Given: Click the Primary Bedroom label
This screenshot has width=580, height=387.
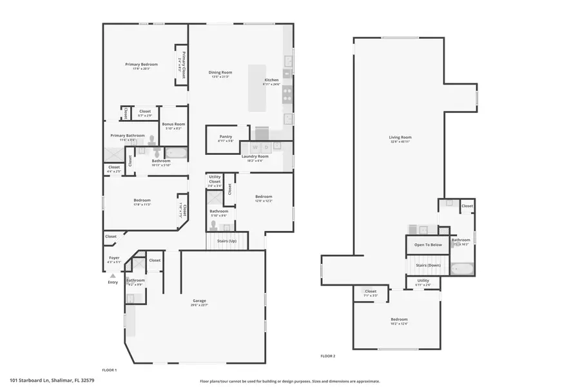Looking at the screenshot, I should pos(141,64).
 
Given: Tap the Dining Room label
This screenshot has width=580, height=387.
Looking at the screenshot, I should pos(220,72).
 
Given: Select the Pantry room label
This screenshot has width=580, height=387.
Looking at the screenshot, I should pos(226,136).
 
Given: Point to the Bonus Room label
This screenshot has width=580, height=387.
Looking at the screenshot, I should pos(173,124).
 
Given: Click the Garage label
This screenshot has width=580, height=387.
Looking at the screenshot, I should pos(199,301).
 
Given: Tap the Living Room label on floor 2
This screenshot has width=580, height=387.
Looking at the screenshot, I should pos(400,137).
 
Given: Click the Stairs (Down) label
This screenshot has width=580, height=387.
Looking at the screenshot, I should pos(428,265).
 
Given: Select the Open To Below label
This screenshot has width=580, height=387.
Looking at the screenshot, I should pos(428,244).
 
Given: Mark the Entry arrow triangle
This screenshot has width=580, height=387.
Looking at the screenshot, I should pos(113,275).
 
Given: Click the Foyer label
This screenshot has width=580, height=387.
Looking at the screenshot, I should pos(114,258).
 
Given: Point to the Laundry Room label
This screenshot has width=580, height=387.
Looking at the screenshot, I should pos(255,156).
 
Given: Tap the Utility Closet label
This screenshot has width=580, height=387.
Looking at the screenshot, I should pos(215,179).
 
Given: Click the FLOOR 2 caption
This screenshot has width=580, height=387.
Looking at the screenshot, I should pos(328,355).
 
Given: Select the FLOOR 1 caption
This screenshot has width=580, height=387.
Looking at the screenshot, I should pos(110,370).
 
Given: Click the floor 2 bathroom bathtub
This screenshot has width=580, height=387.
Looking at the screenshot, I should pos(462,268).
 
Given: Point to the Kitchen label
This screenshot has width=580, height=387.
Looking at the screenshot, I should pos(271,81).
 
